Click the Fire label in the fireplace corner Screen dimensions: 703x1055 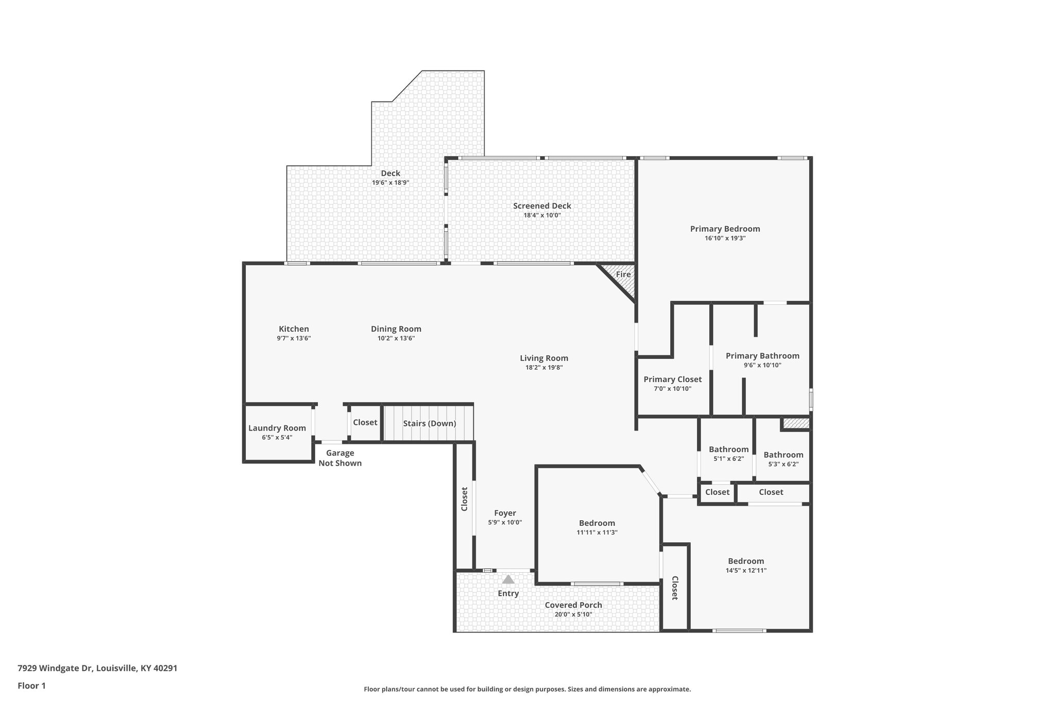(623, 275)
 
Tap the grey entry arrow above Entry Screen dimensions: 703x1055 (508, 579)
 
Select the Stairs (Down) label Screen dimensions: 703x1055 (429, 423)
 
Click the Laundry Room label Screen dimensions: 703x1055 (277, 428)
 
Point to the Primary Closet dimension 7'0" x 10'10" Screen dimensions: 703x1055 (672, 389)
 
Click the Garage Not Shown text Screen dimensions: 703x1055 (340, 458)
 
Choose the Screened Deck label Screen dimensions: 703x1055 (542, 206)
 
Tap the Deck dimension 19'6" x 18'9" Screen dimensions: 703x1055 (390, 183)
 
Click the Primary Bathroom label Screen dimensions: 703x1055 (762, 356)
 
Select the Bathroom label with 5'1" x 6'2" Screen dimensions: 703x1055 (728, 450)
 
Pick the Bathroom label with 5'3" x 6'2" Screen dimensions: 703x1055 (783, 455)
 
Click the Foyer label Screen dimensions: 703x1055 (505, 513)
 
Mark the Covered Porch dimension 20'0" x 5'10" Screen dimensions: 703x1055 (573, 614)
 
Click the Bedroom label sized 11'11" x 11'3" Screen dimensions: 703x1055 (597, 523)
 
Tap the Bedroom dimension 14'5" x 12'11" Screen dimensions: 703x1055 (745, 571)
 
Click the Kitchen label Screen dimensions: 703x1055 (294, 329)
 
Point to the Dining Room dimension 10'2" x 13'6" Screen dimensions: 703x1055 (396, 338)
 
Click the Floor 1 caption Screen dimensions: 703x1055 (31, 686)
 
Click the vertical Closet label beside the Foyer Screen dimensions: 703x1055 (464, 499)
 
